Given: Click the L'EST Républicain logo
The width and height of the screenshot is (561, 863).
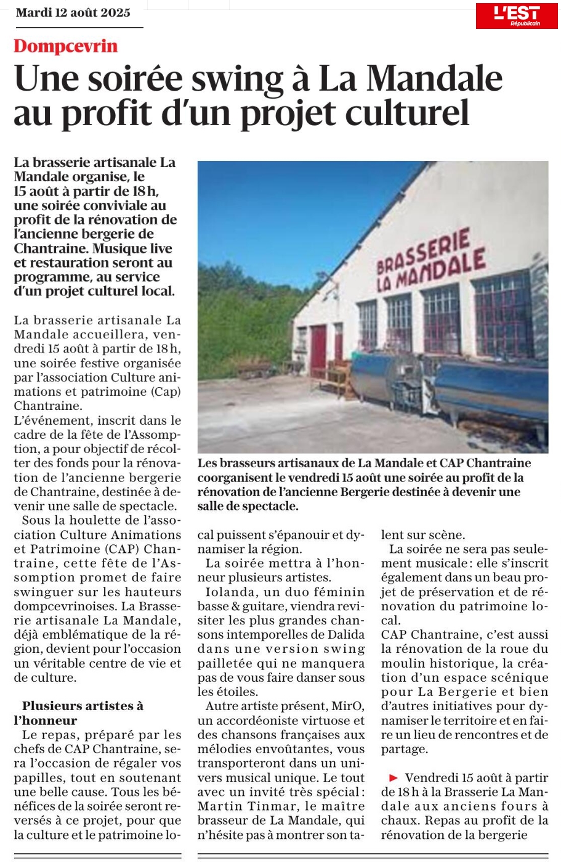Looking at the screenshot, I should (516, 16).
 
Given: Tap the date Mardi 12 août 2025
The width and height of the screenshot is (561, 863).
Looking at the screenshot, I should (73, 13).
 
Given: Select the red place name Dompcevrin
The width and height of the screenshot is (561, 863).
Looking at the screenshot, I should (65, 46).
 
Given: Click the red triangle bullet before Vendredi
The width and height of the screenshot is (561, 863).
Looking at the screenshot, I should (394, 778).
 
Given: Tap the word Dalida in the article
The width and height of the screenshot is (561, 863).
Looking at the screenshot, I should (344, 634).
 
